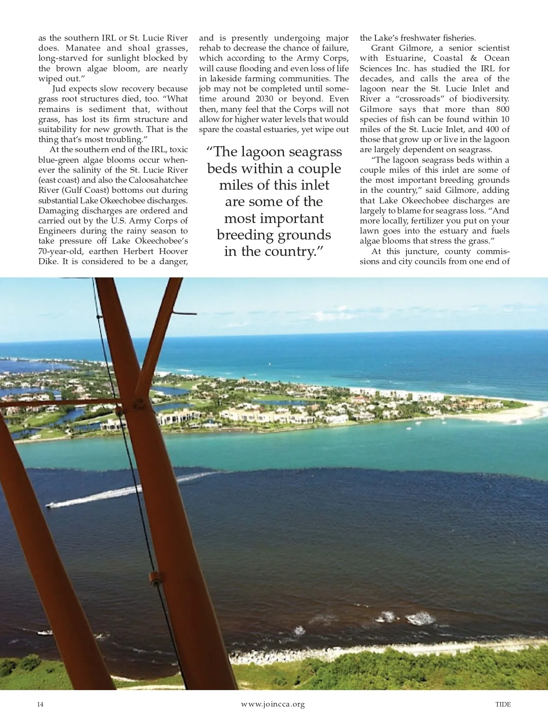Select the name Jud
point(59,89)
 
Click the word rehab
point(209,48)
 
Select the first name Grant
point(383,48)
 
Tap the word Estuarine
point(404,58)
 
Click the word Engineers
point(57,231)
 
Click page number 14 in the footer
point(41,704)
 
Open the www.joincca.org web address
point(273,704)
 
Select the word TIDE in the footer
point(503,704)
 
